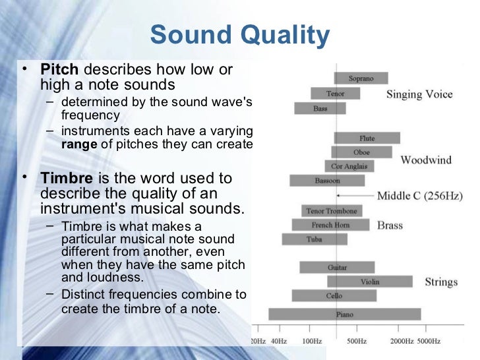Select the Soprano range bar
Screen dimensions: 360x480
point(361,78)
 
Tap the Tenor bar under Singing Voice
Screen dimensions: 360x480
point(335,94)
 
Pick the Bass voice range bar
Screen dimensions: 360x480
point(320,108)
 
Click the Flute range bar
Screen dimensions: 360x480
point(367,138)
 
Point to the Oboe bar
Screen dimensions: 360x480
point(362,152)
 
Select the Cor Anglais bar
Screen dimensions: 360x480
point(349,166)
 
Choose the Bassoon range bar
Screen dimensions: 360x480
point(327,180)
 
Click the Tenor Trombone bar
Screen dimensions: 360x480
point(332,211)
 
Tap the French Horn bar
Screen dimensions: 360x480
point(331,225)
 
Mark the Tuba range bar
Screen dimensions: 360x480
point(315,239)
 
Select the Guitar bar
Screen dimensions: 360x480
point(337,268)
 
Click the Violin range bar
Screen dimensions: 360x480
point(369,282)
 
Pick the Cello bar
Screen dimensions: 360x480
point(334,296)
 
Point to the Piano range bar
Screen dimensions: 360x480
point(344,315)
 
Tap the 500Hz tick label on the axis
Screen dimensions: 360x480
point(356,341)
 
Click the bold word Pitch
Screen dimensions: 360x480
point(60,69)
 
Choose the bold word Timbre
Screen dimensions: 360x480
point(67,178)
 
